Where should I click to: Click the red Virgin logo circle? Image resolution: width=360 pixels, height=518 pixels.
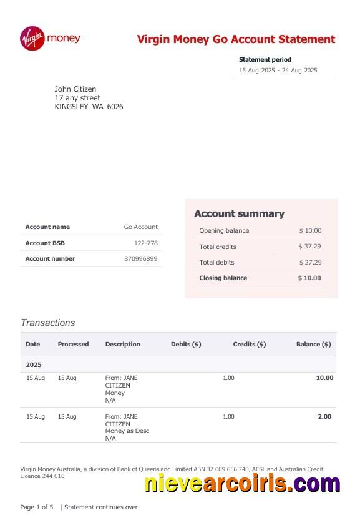(32, 38)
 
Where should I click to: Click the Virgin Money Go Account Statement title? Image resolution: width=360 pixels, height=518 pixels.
(236, 39)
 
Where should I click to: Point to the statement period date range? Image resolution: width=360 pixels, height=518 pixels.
(278, 71)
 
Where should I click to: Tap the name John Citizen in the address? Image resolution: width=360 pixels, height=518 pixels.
(75, 89)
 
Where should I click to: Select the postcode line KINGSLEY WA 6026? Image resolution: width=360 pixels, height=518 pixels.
(89, 107)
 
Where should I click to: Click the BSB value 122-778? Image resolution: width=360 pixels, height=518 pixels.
(145, 243)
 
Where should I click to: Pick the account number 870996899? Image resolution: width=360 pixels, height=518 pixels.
(141, 258)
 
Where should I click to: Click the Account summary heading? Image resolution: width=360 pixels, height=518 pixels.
(239, 213)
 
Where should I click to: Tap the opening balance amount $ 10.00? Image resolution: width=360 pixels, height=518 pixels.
(309, 231)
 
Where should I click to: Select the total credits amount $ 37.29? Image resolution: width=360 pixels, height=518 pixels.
(309, 247)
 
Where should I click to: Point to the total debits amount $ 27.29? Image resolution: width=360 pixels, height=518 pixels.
(309, 263)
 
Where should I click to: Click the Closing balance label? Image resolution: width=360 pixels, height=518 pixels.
(223, 278)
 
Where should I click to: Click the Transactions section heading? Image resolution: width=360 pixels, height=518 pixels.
(47, 323)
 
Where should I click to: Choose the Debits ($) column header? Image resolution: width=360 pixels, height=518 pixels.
(186, 344)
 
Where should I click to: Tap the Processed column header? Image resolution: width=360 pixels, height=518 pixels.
(73, 344)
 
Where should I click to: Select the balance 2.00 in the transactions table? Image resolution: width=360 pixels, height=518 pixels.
(324, 416)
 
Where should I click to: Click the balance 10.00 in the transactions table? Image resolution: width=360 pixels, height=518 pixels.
(324, 378)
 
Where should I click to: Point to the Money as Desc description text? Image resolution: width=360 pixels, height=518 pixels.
(127, 431)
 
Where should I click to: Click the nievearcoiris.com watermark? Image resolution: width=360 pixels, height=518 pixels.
(242, 483)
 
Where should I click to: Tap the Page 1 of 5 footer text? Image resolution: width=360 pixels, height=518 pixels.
(37, 507)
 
